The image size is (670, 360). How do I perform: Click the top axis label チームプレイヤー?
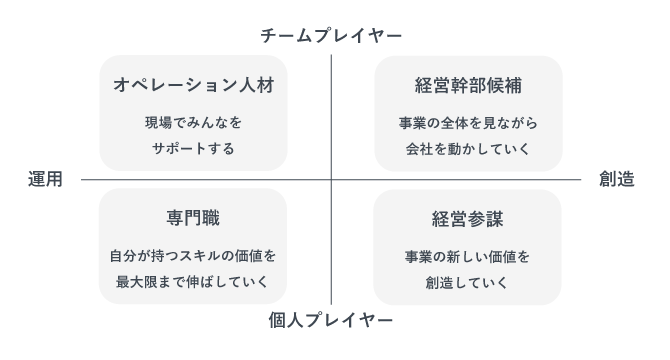[x=331, y=36]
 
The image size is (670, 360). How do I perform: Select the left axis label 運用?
[x=46, y=180]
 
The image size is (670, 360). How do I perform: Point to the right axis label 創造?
[x=616, y=180]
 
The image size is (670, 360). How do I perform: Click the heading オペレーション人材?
[x=193, y=85]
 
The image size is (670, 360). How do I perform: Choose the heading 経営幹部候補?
[x=468, y=85]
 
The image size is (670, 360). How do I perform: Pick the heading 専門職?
[x=193, y=217]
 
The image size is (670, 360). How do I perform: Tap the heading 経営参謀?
[x=468, y=217]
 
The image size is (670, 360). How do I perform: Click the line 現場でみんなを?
[x=193, y=124]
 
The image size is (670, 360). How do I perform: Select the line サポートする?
[x=193, y=149]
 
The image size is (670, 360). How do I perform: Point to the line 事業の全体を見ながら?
[x=468, y=124]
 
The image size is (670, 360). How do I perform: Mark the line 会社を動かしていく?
[x=468, y=149]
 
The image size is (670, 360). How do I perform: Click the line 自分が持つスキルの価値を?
[x=193, y=256]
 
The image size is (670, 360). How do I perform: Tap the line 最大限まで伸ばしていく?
[x=193, y=281]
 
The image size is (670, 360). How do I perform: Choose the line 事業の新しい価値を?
[x=468, y=256]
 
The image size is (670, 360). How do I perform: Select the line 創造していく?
[x=468, y=281]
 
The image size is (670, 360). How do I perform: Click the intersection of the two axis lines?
[x=331, y=180]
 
